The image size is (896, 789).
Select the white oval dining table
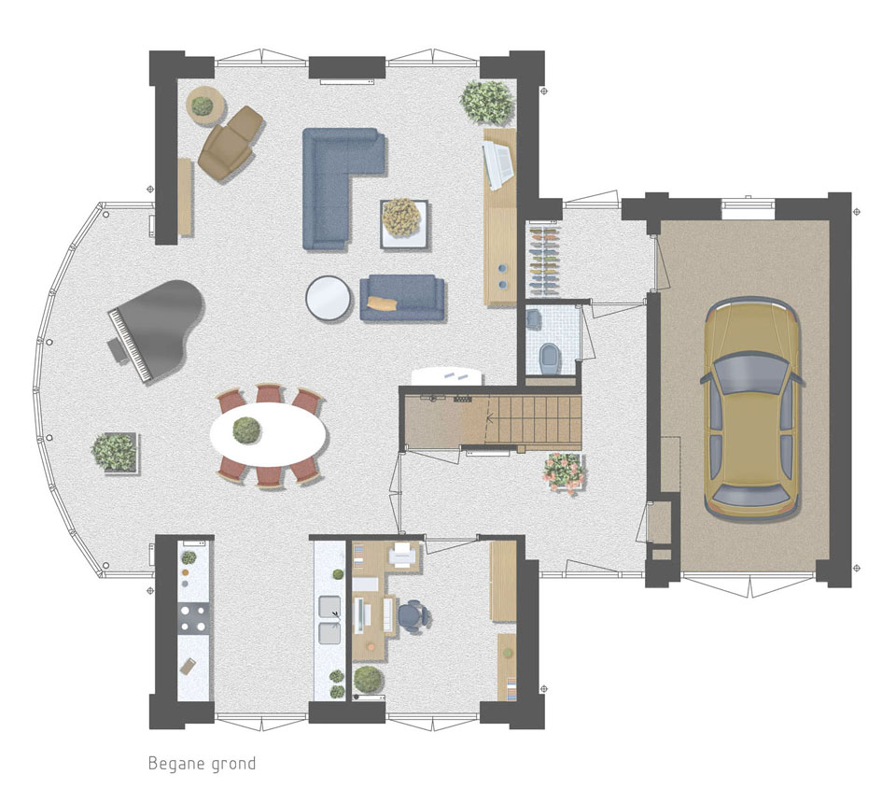pos(269,430)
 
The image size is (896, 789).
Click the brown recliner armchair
pos(231,143)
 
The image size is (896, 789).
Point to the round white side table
pos(328,297)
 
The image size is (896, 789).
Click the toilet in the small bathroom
pos(551,358)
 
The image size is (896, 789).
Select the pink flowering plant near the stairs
pos(565,472)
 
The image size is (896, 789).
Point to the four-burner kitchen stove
pos(194,618)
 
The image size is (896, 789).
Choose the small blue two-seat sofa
pos(402,297)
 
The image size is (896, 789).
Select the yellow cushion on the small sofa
pos(383,303)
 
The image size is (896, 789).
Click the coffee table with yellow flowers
pos(404,223)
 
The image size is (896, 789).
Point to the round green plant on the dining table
pos(246,430)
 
